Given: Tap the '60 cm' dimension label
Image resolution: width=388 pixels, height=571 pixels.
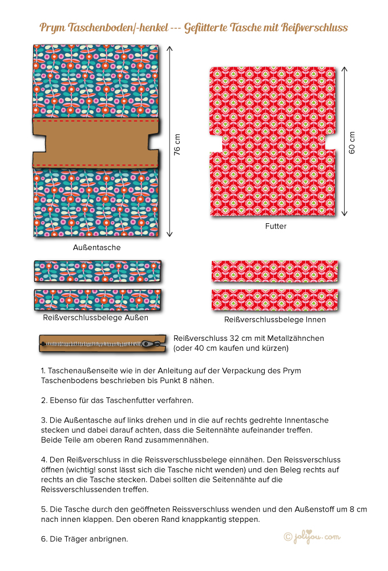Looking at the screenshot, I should [x=352, y=142].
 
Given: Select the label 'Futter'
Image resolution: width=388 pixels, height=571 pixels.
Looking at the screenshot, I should [x=276, y=226].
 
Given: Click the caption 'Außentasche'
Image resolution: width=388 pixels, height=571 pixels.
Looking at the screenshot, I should [x=97, y=247].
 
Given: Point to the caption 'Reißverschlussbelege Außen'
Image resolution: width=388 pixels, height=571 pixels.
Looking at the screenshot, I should [x=96, y=317].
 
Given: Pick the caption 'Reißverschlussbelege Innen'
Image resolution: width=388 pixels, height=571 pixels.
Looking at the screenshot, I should [x=275, y=319].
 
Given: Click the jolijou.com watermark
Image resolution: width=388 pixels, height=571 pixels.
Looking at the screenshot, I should [x=312, y=537].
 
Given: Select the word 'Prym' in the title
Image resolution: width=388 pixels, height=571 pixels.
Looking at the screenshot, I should [x=53, y=27].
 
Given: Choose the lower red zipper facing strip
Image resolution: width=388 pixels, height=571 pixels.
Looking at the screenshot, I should [x=274, y=299].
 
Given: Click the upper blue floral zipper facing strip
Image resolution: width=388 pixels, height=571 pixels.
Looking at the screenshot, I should [x=98, y=271].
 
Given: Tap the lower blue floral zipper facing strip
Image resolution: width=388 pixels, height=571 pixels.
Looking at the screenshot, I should [x=98, y=299].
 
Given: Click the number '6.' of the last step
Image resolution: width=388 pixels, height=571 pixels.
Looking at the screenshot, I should [x=44, y=538].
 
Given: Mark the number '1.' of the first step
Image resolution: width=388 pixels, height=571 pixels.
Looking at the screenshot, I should [x=44, y=371].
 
